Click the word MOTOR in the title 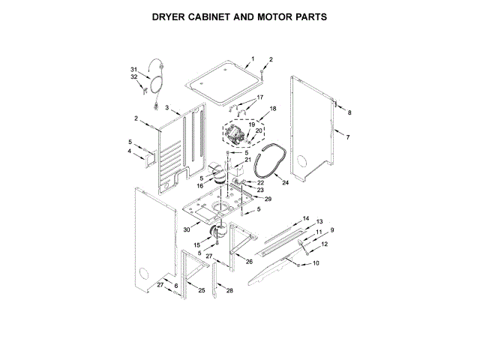[271, 16]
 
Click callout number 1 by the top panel [253, 58]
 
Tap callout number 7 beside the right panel [347, 136]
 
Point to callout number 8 [349, 112]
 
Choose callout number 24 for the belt [285, 181]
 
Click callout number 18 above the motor [273, 109]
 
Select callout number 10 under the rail [316, 263]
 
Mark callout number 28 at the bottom [229, 290]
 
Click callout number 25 [201, 290]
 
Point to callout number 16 [200, 185]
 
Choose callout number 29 [268, 199]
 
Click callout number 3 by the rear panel [167, 107]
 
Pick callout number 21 [248, 160]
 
